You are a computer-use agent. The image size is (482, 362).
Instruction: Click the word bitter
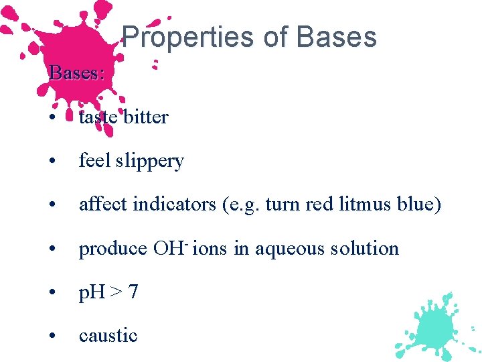coord(146,117)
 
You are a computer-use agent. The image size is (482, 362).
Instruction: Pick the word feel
coord(94,161)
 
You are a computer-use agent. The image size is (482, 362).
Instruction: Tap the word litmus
coord(357,204)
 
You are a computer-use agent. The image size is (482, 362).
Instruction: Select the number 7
coord(133,292)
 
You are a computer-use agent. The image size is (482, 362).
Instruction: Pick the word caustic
coord(108,335)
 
